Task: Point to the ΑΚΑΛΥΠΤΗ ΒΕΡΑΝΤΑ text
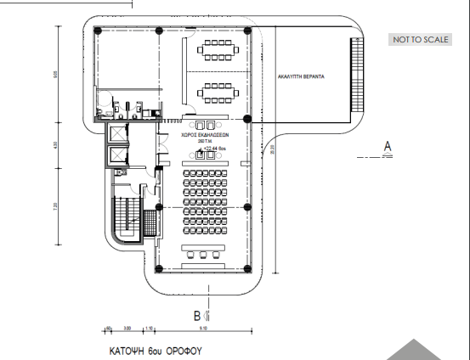[x=303, y=76]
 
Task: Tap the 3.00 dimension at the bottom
[x=127, y=328]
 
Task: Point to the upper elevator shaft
[x=116, y=134]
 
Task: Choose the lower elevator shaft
[x=116, y=158]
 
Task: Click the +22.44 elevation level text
[x=212, y=149]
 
